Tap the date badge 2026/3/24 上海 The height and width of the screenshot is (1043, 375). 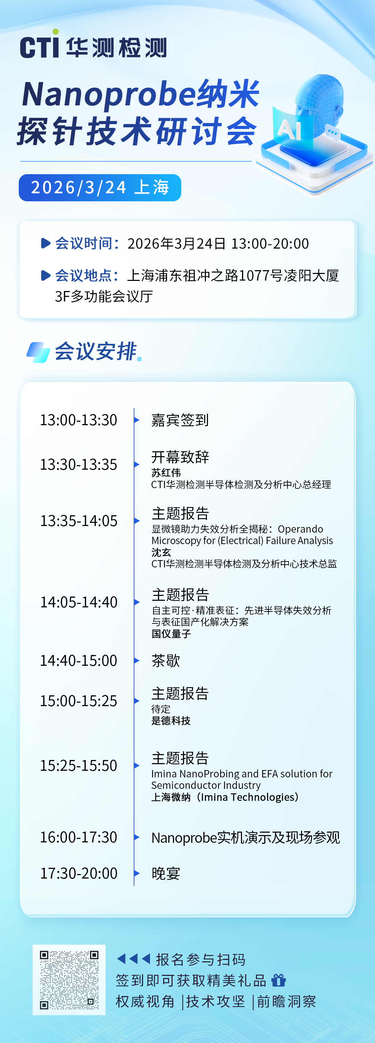click(x=100, y=187)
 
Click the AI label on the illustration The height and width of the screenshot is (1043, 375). click(x=289, y=130)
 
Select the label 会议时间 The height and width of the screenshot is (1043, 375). click(x=83, y=243)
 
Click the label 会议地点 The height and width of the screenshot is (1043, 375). click(x=83, y=276)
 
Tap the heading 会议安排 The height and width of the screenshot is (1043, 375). click(x=95, y=351)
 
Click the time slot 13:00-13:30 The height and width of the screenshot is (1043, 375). click(x=78, y=420)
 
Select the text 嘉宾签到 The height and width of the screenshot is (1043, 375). click(x=180, y=420)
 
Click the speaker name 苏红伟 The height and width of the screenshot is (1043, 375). click(x=166, y=472)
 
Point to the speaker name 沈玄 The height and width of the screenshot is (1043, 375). click(x=161, y=552)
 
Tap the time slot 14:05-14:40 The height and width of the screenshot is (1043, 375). click(x=78, y=602)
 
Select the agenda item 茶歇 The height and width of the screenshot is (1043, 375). click(x=166, y=660)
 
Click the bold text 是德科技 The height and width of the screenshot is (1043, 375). click(x=171, y=721)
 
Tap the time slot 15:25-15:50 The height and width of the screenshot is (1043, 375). click(x=78, y=765)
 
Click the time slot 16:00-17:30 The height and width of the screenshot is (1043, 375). click(x=78, y=837)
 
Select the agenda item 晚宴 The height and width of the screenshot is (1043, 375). click(x=166, y=873)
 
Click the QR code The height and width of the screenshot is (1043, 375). click(x=69, y=980)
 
